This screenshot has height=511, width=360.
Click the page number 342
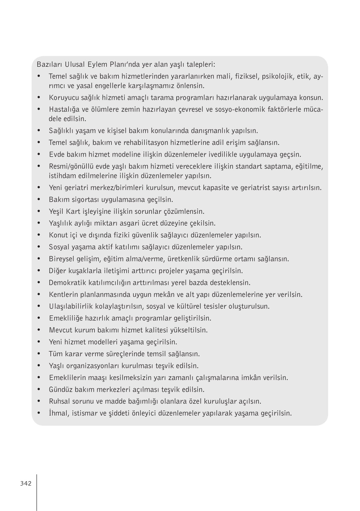coord(26,484)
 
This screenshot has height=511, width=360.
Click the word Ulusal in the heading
coord(77,65)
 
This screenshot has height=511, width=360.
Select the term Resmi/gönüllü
coord(71,167)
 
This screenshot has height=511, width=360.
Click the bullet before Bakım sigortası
coord(39,199)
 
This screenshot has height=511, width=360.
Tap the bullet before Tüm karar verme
coord(39,353)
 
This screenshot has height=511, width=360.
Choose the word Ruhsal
coord(60,401)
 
